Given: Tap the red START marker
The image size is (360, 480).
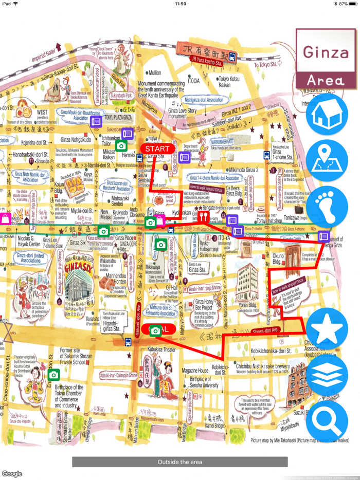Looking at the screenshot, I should tap(157, 149).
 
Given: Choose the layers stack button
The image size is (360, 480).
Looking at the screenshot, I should tap(327, 374).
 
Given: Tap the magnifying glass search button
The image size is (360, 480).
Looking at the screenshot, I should tap(327, 419).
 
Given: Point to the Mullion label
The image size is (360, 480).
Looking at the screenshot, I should tap(154, 73).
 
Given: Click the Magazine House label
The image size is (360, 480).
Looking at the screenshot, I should tap(195, 371).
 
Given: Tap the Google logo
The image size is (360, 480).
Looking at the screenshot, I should tap(12, 474).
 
